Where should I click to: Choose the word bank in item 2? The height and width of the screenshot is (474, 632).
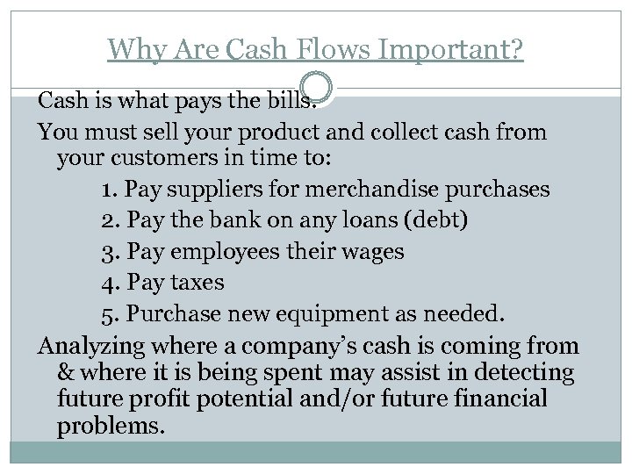[226, 220]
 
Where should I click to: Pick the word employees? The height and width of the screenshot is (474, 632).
[216, 252]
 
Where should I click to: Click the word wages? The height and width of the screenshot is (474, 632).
[370, 252]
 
